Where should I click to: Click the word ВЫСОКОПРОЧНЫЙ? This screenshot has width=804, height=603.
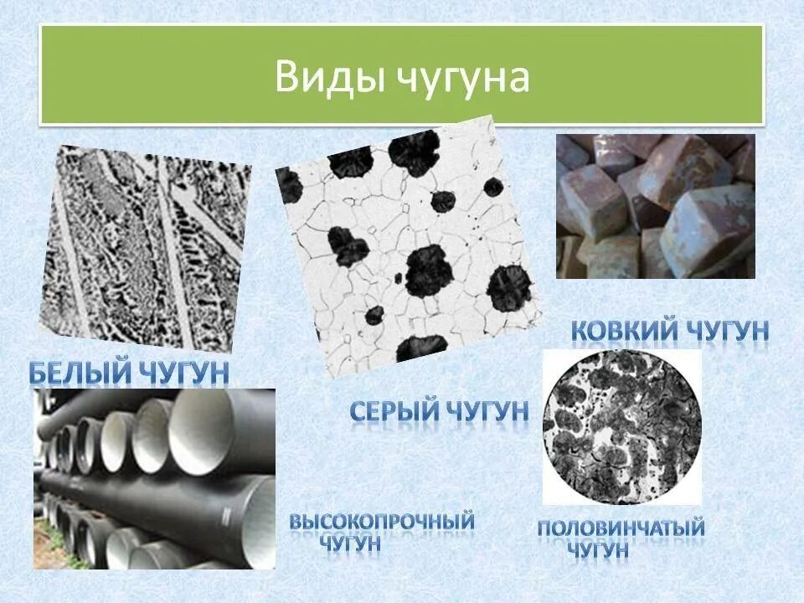[382, 520]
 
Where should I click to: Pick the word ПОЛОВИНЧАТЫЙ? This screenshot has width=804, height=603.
[621, 528]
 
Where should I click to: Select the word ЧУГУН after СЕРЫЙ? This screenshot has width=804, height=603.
[487, 410]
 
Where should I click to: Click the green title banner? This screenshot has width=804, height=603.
[402, 75]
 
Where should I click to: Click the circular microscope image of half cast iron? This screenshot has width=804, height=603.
[621, 426]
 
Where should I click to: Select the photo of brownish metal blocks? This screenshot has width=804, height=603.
[656, 206]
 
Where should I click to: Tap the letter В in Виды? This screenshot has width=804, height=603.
[286, 78]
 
